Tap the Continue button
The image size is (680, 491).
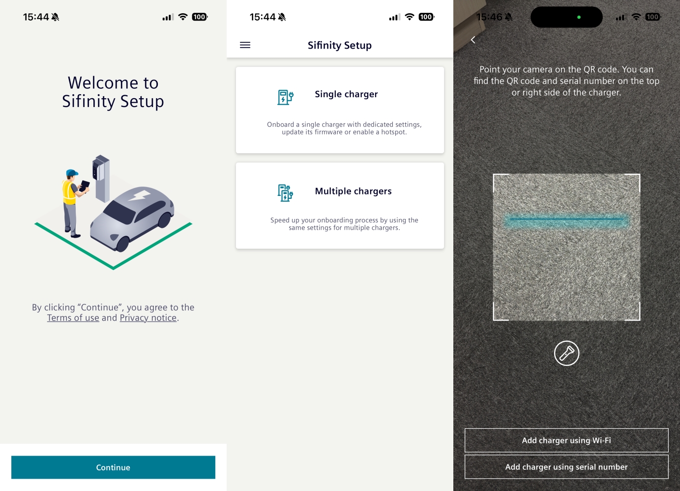pos(113,467)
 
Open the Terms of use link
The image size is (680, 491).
pos(73,318)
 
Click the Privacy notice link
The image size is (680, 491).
pos(148,318)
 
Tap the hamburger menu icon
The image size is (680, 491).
pos(245,45)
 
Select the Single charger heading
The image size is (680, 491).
pos(346,94)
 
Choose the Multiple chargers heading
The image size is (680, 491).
pos(354,191)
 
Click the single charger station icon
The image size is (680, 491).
pos(285,97)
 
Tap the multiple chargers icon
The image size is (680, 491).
pos(285,193)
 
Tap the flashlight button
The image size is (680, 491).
pos(566,354)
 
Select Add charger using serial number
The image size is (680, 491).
pos(566,467)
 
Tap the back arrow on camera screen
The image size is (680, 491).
pos(473,40)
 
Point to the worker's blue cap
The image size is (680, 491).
pos(72,173)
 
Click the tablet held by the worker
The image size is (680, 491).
pos(85,186)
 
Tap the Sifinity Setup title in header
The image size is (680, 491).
pos(340,45)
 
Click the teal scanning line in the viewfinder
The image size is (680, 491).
pos(566,219)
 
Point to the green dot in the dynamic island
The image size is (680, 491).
pos(579,17)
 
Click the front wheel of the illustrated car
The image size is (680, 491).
pos(123,244)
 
